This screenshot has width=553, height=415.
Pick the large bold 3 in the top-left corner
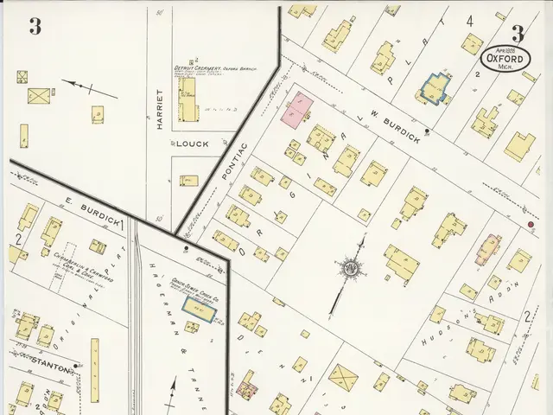coord(35,27)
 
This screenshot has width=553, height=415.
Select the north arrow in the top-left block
coord(80,86)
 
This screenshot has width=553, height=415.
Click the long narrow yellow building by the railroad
coord(94,362)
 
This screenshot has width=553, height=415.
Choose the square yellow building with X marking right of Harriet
coord(39,96)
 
